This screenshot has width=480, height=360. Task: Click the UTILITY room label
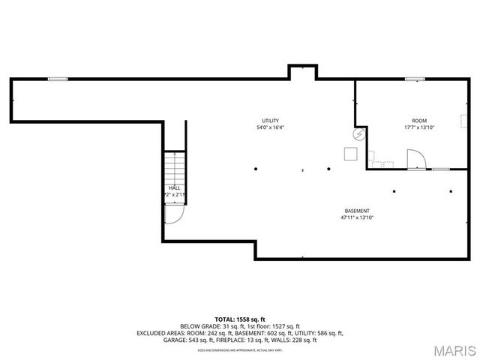click(270, 121)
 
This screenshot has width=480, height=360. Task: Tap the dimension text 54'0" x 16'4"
click(270, 127)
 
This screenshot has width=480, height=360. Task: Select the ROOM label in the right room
click(418, 121)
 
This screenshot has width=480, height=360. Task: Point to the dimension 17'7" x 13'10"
click(418, 127)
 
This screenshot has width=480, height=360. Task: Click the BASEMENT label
click(356, 211)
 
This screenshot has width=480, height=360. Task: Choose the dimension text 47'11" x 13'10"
click(356, 217)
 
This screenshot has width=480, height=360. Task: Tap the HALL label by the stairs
click(174, 187)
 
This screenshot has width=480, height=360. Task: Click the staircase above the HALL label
click(174, 166)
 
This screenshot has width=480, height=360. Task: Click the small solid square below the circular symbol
click(350, 153)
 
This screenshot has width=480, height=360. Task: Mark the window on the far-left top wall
click(58, 79)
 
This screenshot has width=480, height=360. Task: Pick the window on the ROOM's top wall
click(415, 79)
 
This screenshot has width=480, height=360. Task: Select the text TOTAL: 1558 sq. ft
click(240, 319)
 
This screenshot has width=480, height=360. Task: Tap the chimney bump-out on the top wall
click(302, 72)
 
